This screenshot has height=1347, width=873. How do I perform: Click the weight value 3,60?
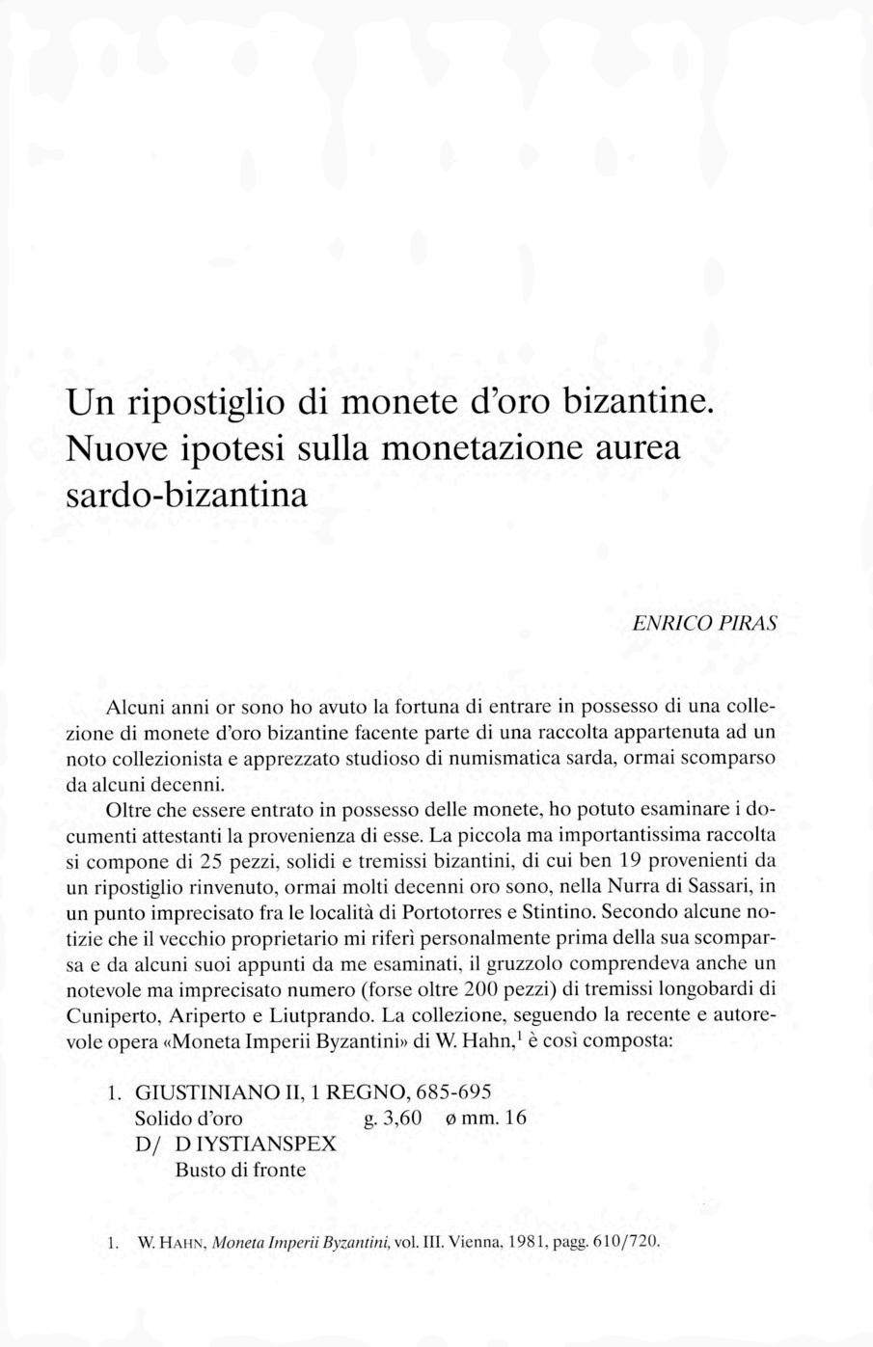pos(402,1118)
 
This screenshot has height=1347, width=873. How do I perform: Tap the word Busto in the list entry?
pos(199,1171)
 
